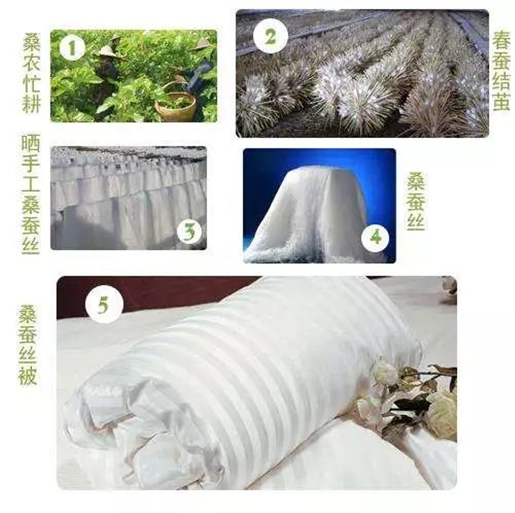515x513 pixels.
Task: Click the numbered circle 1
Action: (x=72, y=49)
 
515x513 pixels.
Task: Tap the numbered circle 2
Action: (x=271, y=36)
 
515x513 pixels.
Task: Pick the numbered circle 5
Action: (x=104, y=305)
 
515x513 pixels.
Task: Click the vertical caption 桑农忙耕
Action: (x=32, y=73)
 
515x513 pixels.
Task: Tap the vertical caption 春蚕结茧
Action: (x=501, y=70)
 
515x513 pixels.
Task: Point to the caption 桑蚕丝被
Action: (x=27, y=345)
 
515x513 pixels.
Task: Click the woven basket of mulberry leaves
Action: (x=176, y=106)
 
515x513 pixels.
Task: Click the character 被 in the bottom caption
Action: (x=27, y=376)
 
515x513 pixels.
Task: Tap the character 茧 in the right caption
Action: (x=501, y=101)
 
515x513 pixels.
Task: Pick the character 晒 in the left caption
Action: (x=30, y=144)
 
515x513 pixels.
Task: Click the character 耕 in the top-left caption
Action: (x=32, y=104)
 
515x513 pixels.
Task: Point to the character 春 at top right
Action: (x=501, y=40)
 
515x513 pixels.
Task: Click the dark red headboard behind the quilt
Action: (x=148, y=294)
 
